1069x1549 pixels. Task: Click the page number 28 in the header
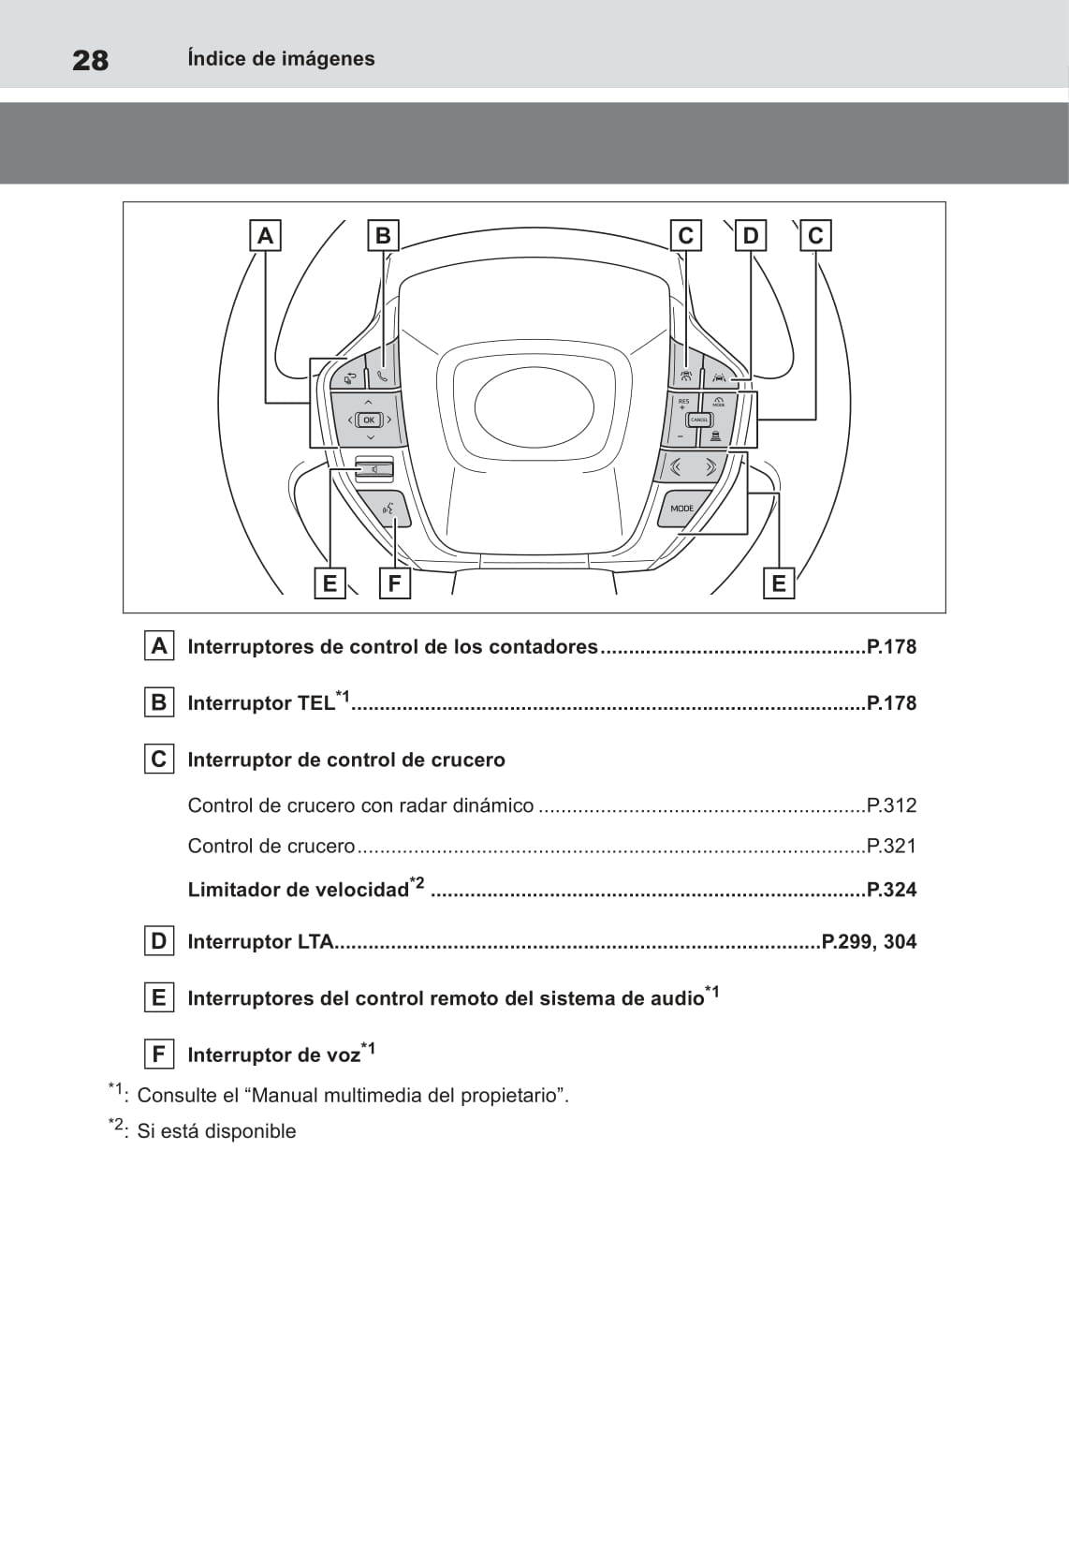pyautogui.click(x=90, y=61)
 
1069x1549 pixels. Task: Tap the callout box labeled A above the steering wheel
pyautogui.click(x=265, y=235)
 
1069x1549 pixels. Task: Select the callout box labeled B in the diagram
pyautogui.click(x=383, y=235)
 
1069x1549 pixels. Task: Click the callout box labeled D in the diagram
pyautogui.click(x=750, y=235)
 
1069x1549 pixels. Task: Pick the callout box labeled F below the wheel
pyautogui.click(x=394, y=583)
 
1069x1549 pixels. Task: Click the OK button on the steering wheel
pyautogui.click(x=369, y=420)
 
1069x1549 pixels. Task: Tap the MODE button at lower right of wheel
pyautogui.click(x=682, y=509)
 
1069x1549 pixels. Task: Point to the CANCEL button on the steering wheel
pyautogui.click(x=699, y=420)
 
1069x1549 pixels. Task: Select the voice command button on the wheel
pyautogui.click(x=388, y=509)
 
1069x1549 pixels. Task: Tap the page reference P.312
pyautogui.click(x=891, y=805)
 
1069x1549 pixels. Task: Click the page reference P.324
pyautogui.click(x=891, y=890)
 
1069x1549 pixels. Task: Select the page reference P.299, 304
pyautogui.click(x=869, y=942)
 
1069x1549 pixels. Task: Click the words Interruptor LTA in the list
pyautogui.click(x=260, y=942)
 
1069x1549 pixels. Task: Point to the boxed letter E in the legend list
pyautogui.click(x=158, y=997)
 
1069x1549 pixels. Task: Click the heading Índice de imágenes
pyautogui.click(x=281, y=59)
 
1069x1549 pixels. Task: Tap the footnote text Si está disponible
pyautogui.click(x=216, y=1131)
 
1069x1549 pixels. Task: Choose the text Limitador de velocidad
pyautogui.click(x=298, y=890)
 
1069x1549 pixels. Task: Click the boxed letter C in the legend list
pyautogui.click(x=158, y=759)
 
